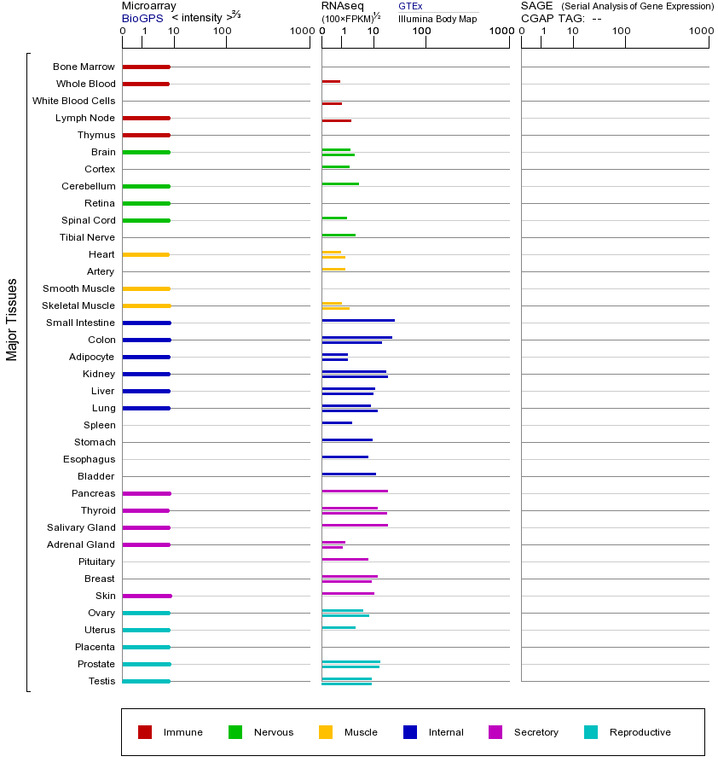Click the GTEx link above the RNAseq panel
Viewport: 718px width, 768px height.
click(x=410, y=6)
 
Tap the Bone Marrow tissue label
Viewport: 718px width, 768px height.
click(x=84, y=67)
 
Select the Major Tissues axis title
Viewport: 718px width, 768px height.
click(x=12, y=319)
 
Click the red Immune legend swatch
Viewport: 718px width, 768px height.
click(x=145, y=732)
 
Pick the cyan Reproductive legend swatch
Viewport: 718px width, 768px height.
click(x=591, y=732)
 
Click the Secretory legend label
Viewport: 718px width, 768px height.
click(x=536, y=732)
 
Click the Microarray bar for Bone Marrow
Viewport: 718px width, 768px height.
click(x=146, y=67)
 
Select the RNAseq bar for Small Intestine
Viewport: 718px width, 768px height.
click(x=358, y=320)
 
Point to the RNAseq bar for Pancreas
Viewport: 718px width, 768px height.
click(x=355, y=491)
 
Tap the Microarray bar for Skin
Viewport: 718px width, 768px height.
click(x=147, y=596)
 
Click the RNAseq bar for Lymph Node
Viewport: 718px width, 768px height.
click(x=336, y=120)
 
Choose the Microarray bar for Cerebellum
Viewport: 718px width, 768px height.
click(x=146, y=186)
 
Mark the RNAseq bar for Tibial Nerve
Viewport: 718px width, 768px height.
click(x=339, y=235)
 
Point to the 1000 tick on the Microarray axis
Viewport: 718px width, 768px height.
click(x=300, y=31)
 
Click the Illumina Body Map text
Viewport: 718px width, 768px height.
click(x=437, y=19)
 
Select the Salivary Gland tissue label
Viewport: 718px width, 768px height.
click(x=81, y=527)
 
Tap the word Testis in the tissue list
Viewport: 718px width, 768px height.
click(x=101, y=681)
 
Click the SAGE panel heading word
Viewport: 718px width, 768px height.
click(x=536, y=6)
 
